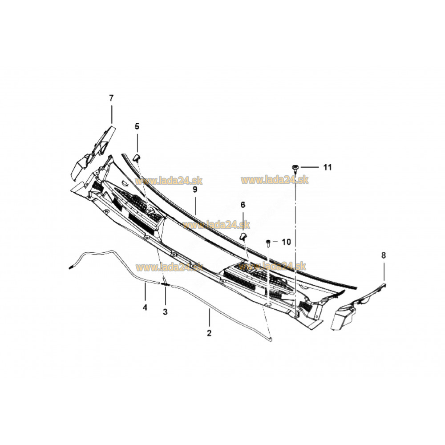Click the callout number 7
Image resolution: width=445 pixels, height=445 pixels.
coord(111,98)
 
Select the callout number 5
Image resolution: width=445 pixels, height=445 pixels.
coord(137,126)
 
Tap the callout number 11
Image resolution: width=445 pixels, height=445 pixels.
coord(328,167)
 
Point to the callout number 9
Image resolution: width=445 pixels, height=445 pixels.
coord(195,189)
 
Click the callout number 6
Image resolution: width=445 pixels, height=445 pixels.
coord(243,205)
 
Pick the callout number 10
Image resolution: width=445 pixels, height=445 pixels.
coord(286,242)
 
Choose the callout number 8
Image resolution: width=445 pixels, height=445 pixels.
coord(384,255)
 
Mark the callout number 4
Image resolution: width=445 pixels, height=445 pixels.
coord(145,307)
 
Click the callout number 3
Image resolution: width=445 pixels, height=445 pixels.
coord(165,312)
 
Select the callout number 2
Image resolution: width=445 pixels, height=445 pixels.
coord(209,333)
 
